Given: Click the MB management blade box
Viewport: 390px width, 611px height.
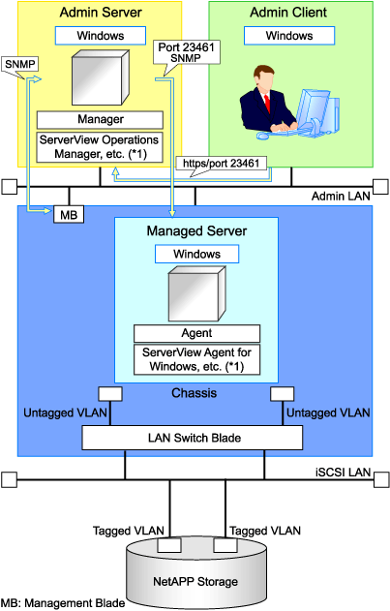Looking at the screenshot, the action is [x=69, y=214].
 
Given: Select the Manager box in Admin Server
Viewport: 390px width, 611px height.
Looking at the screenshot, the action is [x=100, y=120].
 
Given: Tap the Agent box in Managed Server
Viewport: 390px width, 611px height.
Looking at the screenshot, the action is [x=196, y=333].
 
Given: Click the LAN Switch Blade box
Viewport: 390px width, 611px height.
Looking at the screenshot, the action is [x=192, y=438].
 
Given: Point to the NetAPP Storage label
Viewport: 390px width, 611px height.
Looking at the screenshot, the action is [x=195, y=581].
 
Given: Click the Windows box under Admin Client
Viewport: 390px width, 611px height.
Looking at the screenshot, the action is [x=289, y=36].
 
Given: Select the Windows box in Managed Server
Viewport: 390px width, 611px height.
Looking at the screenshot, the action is [x=196, y=254].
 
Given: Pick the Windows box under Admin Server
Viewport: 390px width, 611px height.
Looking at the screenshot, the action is [x=101, y=36].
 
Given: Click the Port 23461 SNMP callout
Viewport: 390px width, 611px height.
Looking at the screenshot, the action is [x=186, y=52].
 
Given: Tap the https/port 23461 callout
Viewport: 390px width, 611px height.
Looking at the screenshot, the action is [x=222, y=163].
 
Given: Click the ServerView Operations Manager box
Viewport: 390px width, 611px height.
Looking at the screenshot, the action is [x=100, y=147].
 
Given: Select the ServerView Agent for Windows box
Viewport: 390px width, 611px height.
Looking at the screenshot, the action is [x=196, y=359].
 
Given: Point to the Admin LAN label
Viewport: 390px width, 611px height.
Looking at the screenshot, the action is [x=341, y=196].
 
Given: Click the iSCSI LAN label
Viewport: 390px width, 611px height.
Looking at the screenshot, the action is [x=343, y=473].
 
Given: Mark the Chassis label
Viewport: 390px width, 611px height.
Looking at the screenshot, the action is [x=194, y=393].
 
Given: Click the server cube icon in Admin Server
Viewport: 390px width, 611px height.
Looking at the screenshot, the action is [x=100, y=77].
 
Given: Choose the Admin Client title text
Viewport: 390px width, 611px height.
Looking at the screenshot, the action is [x=288, y=12].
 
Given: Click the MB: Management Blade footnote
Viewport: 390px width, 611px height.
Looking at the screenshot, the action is [x=63, y=603].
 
